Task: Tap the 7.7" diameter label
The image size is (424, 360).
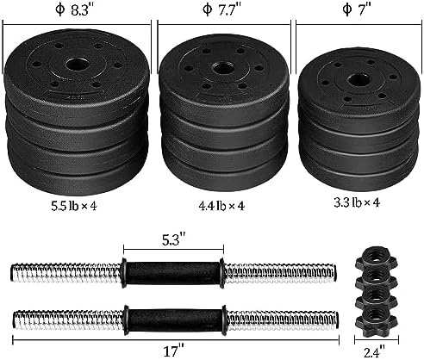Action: pyautogui.click(x=222, y=13)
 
